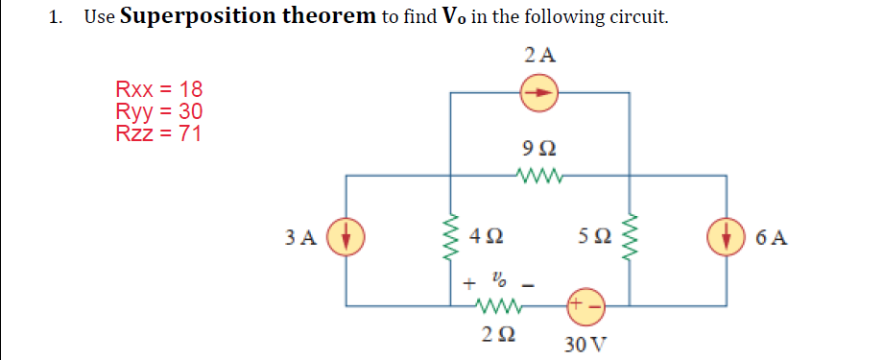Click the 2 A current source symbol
[x=539, y=93]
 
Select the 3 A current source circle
[x=343, y=236]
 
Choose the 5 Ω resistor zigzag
[x=629, y=237]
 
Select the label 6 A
[x=774, y=237]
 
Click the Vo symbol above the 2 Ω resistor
[x=497, y=281]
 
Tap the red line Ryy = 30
[x=158, y=112]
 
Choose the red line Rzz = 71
[x=158, y=133]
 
